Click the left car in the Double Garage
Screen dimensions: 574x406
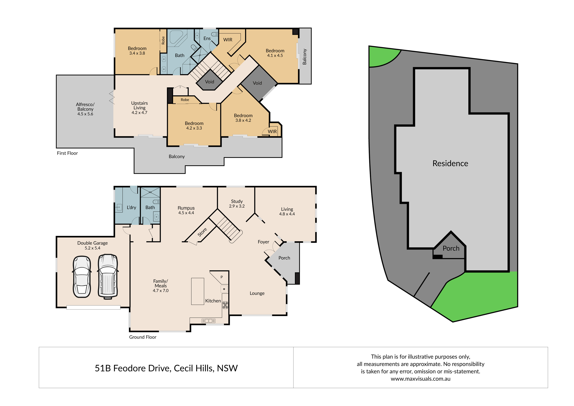coord(82,277)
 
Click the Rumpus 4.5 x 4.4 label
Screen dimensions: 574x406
coord(186,210)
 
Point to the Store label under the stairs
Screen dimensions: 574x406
coord(202,232)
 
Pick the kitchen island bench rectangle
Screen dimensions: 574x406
coord(197,291)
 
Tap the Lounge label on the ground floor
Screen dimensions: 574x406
coord(257,293)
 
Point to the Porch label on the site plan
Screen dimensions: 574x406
coord(451,248)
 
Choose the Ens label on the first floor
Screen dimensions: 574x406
coord(207,38)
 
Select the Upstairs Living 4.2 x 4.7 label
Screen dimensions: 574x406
coord(140,108)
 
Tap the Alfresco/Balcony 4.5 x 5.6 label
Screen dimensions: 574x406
coord(85,109)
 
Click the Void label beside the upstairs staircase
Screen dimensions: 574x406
coord(210,82)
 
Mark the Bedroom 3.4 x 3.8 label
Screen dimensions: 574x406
coord(137,51)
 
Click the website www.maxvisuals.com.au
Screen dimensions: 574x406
coord(421,379)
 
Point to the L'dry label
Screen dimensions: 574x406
coord(131,208)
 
